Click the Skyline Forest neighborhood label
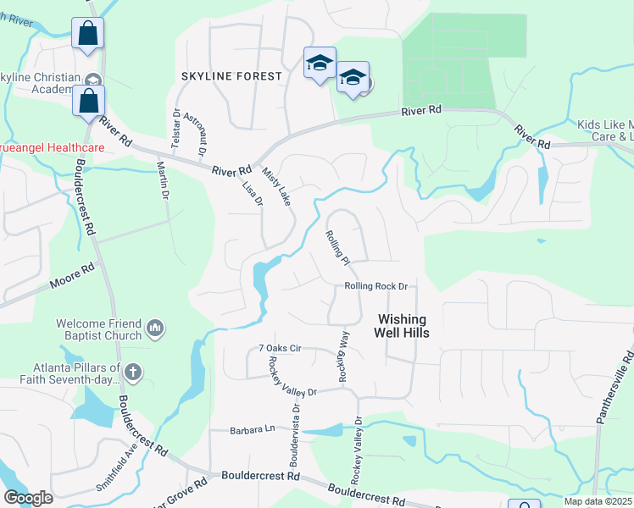pos(231,76)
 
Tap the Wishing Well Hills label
pos(403,326)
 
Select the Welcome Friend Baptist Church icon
pos(154,327)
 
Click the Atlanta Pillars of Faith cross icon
pos(133,372)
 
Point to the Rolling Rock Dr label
pos(376,286)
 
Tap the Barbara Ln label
pos(253,430)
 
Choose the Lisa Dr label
pos(253,194)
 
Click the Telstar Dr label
pos(175,130)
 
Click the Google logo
pos(28,498)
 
